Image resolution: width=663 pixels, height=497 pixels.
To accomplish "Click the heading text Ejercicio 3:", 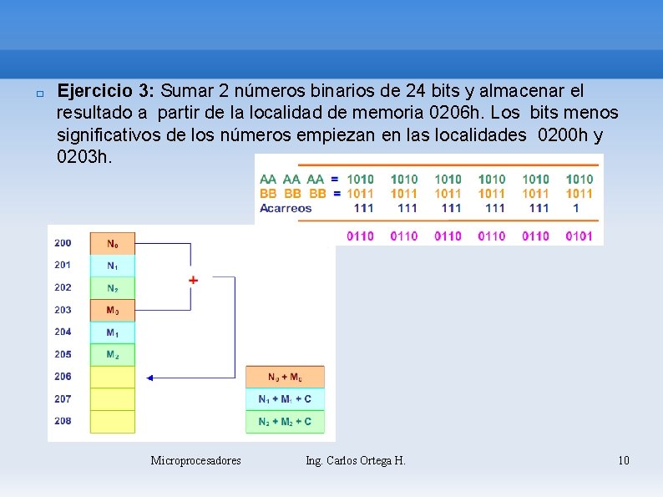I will point(106,90).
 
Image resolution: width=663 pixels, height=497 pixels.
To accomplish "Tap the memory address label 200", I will point(63,243).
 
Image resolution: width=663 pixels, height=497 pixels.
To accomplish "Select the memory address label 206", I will point(63,377).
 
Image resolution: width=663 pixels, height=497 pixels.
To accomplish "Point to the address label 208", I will point(63,421).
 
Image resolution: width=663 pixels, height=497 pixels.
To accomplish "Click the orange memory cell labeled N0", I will point(112,244).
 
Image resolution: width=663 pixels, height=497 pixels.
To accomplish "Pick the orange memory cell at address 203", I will point(112,310).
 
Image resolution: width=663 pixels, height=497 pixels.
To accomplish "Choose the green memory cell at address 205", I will point(112,355).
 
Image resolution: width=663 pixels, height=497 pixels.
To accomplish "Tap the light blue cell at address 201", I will point(112,266).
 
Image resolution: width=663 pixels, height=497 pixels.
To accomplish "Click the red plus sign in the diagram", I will point(193,280).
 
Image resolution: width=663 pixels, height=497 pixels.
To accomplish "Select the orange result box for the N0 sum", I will point(285,377).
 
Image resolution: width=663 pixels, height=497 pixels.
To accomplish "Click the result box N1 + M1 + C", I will point(285,399).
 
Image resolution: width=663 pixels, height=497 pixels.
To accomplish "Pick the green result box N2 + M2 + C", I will point(285,421).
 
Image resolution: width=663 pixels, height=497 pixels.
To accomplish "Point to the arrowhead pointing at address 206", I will point(150,378).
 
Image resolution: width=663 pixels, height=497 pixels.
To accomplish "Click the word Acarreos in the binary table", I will point(286,208).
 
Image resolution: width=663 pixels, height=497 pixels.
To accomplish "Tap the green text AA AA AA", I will point(291,179).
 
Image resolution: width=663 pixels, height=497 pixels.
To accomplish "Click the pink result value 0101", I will point(579,236).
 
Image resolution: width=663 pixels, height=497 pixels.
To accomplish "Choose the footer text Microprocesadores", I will point(195,460).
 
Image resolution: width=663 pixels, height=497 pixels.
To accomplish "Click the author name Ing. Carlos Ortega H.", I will point(356,460).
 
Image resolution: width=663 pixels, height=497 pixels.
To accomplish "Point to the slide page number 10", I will point(623,460).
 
